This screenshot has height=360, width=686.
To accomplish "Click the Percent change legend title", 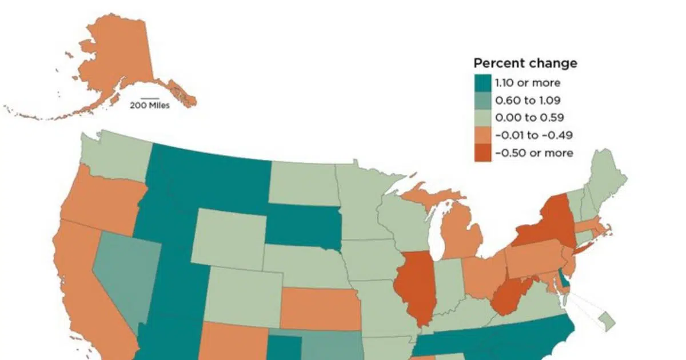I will click(x=525, y=63).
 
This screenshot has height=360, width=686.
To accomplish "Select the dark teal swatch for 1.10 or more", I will click(x=483, y=83).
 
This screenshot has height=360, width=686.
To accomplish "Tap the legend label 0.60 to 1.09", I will click(x=528, y=101).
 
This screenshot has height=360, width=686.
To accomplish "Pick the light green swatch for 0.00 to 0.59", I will click(x=483, y=118).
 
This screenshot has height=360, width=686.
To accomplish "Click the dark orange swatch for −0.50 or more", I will click(x=483, y=153).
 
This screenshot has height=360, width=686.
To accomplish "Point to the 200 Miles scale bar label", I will click(x=149, y=105).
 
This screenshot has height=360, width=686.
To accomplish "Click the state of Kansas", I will click(x=318, y=309).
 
